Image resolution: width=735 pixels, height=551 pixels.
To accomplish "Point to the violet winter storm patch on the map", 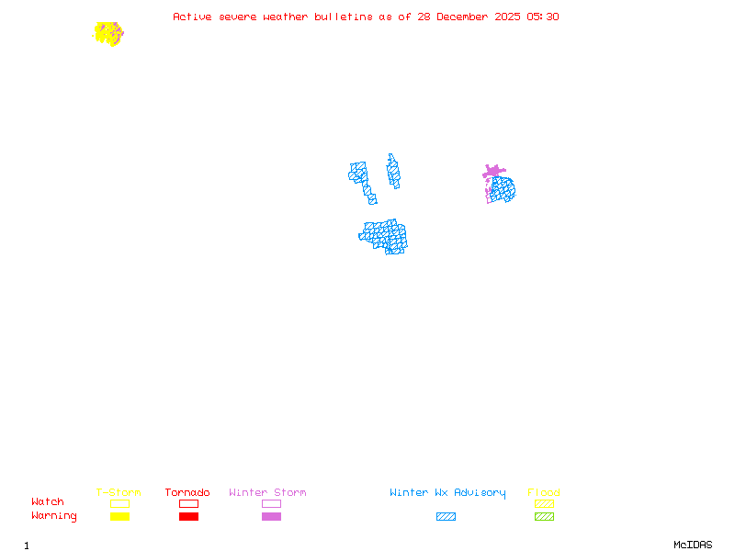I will [x=493, y=171].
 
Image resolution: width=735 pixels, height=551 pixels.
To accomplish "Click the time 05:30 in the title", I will [x=542, y=17].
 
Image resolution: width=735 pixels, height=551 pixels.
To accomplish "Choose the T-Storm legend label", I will [x=119, y=492].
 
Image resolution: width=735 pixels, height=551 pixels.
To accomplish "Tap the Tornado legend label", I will [x=187, y=492].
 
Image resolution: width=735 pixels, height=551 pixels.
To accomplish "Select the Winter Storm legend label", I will [x=267, y=492].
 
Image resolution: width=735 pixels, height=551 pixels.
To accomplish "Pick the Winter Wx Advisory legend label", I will [x=447, y=492].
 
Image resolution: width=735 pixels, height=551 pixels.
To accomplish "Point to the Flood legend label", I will [x=544, y=492].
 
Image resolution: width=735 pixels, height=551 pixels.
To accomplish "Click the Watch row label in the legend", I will [x=48, y=501].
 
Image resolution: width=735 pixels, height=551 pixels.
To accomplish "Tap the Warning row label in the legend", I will [x=54, y=516].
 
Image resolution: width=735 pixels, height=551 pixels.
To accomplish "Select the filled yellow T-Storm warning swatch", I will [x=119, y=517].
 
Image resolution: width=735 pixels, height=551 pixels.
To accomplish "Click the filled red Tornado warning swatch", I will [x=188, y=517].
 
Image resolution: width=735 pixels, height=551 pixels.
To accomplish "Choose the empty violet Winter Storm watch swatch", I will [x=271, y=503].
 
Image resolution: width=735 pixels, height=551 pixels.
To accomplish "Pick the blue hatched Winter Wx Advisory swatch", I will [x=446, y=517].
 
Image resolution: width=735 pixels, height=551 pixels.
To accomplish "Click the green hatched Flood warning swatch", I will [x=544, y=517].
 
